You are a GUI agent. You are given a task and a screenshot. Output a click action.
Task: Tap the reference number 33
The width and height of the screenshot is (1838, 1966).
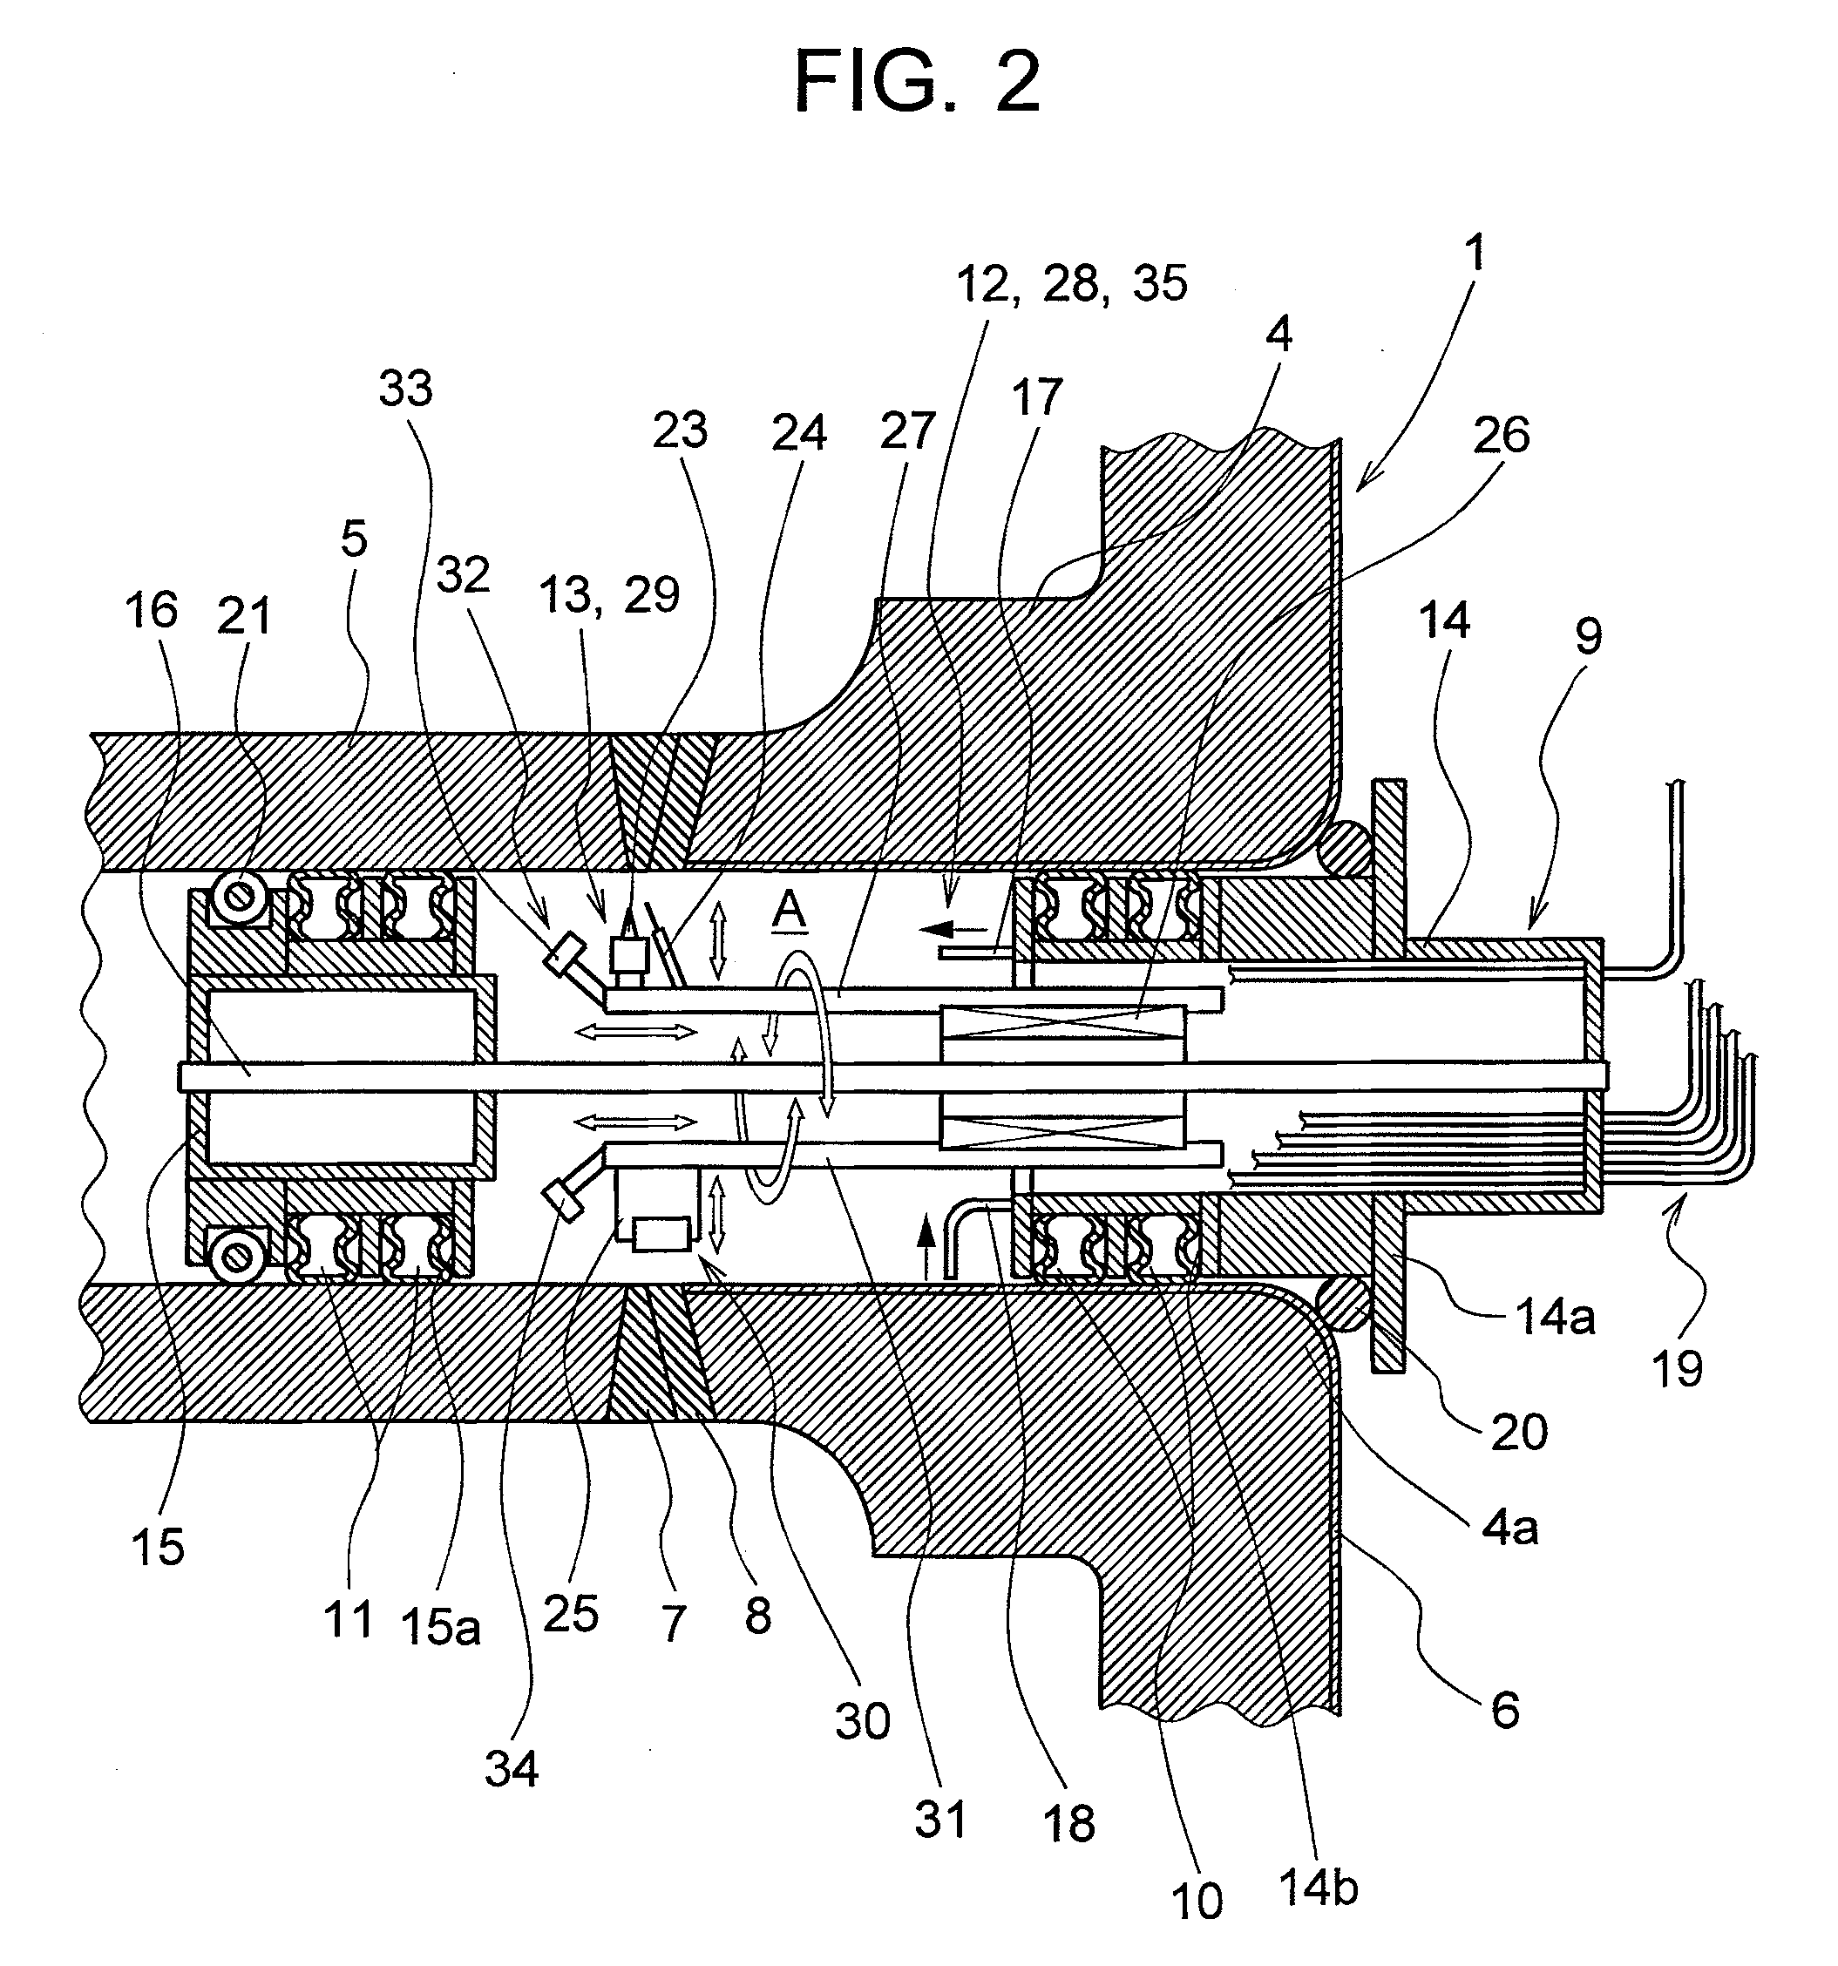click(x=405, y=390)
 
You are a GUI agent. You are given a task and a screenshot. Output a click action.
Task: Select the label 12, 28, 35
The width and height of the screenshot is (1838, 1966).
click(x=1071, y=285)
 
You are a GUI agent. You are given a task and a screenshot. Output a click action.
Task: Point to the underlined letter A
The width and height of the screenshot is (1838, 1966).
click(x=790, y=911)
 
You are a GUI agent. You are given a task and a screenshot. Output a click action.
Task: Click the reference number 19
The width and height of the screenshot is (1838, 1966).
click(x=1677, y=1369)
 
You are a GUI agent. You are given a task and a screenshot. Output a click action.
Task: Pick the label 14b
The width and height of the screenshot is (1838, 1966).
click(x=1318, y=1887)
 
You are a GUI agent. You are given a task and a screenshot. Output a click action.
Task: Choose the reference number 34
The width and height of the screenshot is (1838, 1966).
click(x=512, y=1769)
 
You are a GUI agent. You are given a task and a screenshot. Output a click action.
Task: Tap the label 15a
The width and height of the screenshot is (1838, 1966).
click(x=441, y=1627)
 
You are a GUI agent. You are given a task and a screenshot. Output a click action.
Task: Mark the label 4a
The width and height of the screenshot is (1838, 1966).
click(x=1509, y=1528)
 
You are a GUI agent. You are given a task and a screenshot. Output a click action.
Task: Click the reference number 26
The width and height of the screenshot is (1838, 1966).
click(x=1501, y=435)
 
